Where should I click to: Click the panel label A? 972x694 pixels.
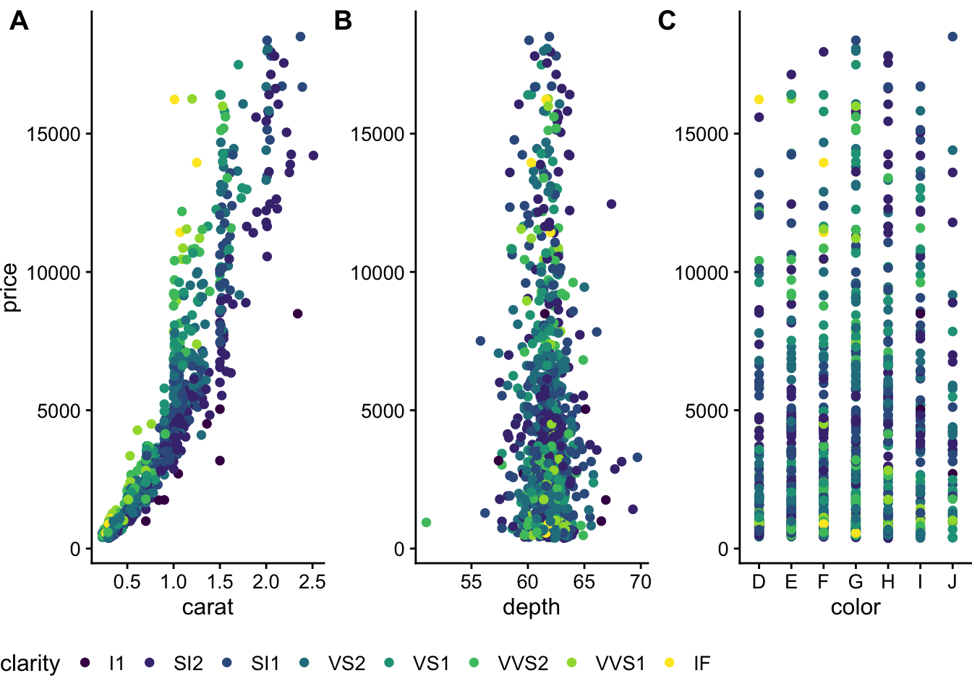[x=19, y=21]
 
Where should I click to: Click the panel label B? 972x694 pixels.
[x=343, y=21]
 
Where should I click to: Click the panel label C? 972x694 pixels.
[x=667, y=21]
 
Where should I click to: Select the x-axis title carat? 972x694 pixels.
[x=208, y=607]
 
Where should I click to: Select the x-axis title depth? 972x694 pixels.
[x=532, y=607]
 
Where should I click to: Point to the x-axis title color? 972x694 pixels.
[x=856, y=607]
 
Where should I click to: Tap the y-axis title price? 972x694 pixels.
[x=10, y=288]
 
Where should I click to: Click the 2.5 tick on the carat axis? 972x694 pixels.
[x=312, y=582]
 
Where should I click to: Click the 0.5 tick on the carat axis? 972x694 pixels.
[x=127, y=582]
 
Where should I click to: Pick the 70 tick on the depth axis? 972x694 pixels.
[x=641, y=582]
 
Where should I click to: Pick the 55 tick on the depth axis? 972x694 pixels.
[x=471, y=582]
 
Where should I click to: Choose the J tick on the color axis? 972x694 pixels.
[x=952, y=582]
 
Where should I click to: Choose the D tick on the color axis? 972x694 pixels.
[x=759, y=582]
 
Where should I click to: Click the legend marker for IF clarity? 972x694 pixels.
[x=670, y=663]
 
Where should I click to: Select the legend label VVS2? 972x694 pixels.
[x=523, y=664]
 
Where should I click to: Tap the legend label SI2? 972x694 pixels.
[x=188, y=664]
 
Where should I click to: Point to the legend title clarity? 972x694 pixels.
[x=30, y=664]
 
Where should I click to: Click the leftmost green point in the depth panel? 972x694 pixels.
[x=426, y=523]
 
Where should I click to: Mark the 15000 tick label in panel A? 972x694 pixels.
[x=54, y=134]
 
